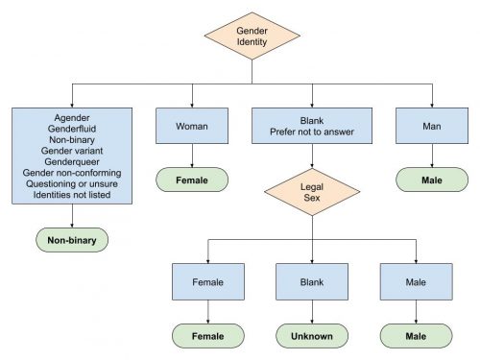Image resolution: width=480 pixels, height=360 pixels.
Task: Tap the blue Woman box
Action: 192,126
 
